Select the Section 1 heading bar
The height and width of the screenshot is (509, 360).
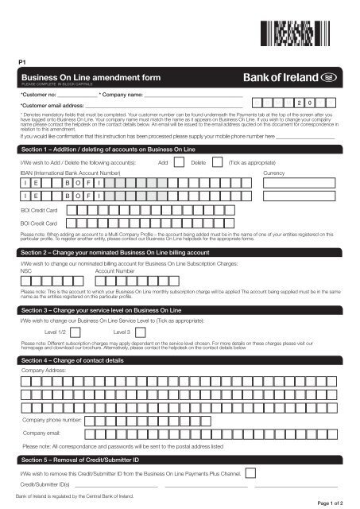pos(180,150)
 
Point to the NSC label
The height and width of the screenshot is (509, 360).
pos(25,270)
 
